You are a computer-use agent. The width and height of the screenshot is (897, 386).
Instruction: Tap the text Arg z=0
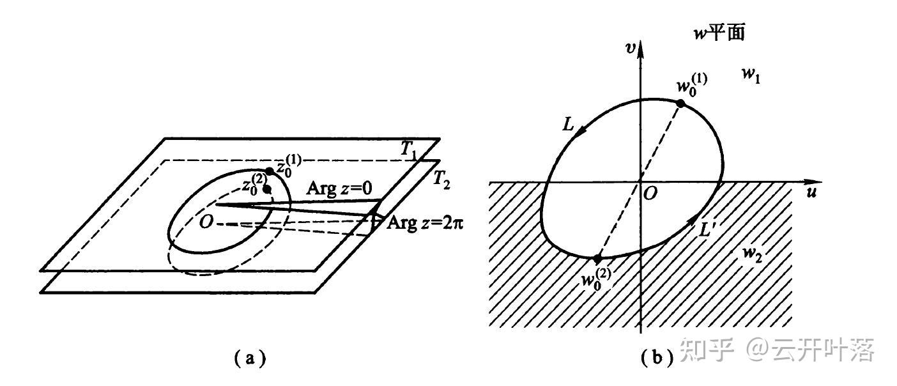338,189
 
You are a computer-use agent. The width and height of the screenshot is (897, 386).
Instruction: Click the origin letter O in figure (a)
205,222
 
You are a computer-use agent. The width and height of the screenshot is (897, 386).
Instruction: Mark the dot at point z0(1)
270,171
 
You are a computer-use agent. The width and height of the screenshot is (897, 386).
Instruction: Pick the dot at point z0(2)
266,189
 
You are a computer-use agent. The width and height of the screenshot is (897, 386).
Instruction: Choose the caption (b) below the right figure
656,359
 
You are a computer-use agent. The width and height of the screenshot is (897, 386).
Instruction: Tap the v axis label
630,49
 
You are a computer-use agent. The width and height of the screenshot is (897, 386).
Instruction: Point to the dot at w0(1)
680,104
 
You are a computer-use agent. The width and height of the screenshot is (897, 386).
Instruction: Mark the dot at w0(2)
597,259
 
